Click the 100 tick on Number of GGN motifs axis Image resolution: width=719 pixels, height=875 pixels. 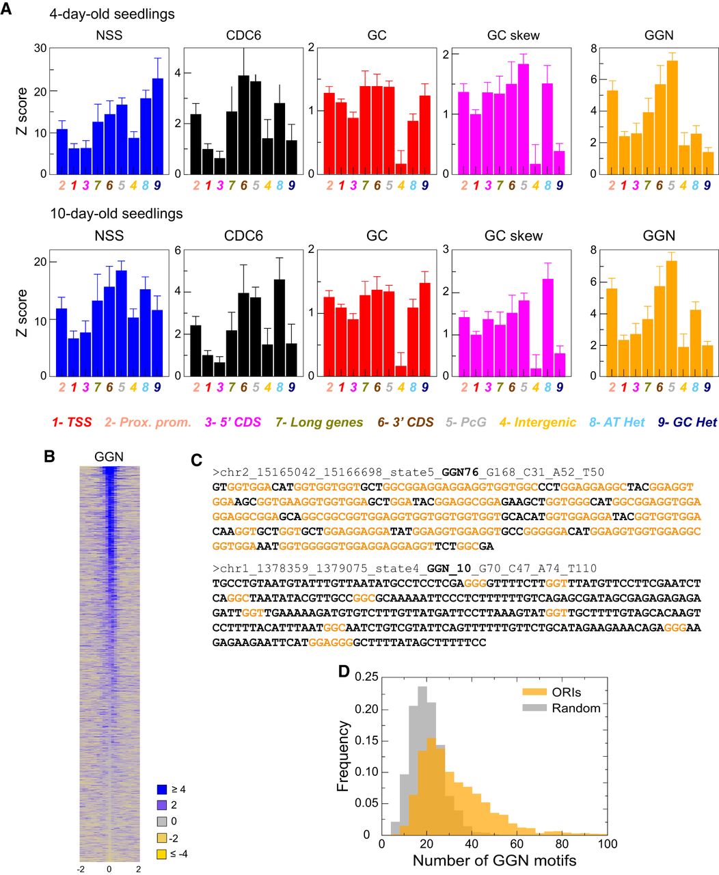pos(606,844)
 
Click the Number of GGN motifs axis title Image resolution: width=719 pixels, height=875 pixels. pos(494,861)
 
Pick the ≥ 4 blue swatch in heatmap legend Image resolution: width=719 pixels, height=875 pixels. pos(162,789)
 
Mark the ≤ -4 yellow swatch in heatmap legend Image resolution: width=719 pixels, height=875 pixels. pos(162,853)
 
